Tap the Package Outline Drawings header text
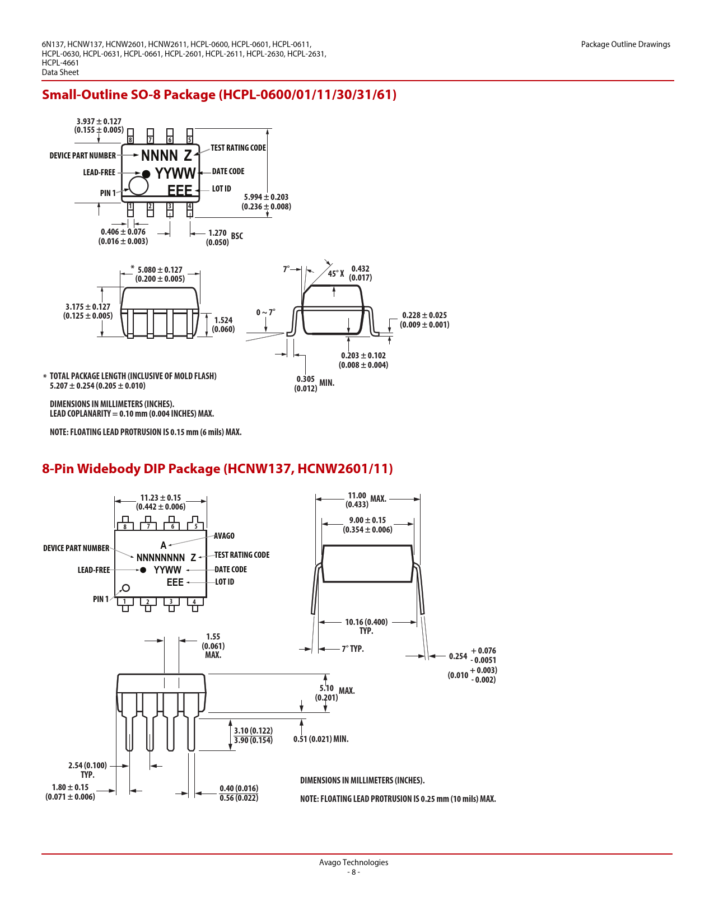[626, 44]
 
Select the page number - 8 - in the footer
[353, 872]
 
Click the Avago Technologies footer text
[353, 862]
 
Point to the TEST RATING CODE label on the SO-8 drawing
[238, 147]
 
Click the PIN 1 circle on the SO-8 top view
[138, 185]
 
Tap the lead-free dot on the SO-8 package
[146, 174]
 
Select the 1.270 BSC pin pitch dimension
[225, 237]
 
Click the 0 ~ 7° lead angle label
[265, 312]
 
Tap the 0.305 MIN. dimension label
[314, 383]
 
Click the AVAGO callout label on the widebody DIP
[224, 536]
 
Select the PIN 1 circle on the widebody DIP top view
[126, 588]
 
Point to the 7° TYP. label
[353, 649]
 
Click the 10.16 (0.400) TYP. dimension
[366, 626]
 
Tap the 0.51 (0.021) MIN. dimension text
[321, 739]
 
